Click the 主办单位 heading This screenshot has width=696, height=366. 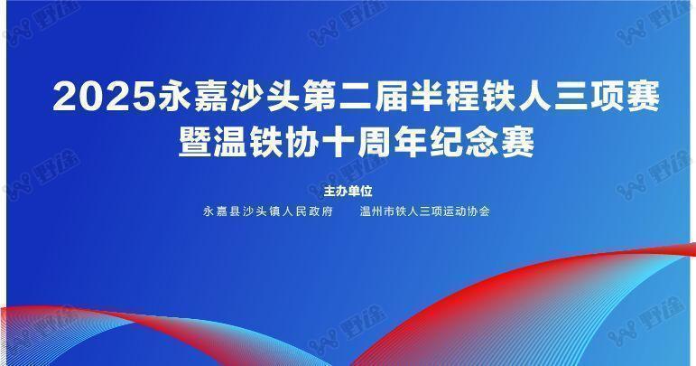(348, 192)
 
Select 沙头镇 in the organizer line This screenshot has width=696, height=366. (262, 211)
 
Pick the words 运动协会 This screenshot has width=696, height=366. (466, 211)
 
